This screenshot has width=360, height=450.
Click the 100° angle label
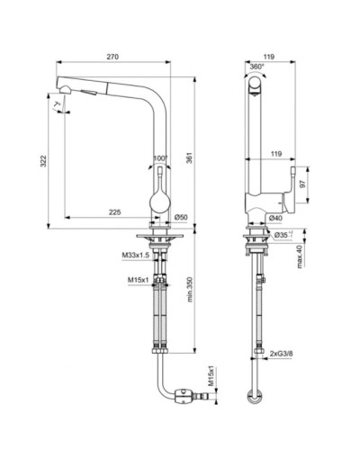click(162, 160)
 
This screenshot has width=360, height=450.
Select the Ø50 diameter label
click(180, 219)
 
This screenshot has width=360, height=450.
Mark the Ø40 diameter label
click(275, 219)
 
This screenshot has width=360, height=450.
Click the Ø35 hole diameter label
click(282, 236)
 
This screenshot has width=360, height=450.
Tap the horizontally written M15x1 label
click(138, 278)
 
